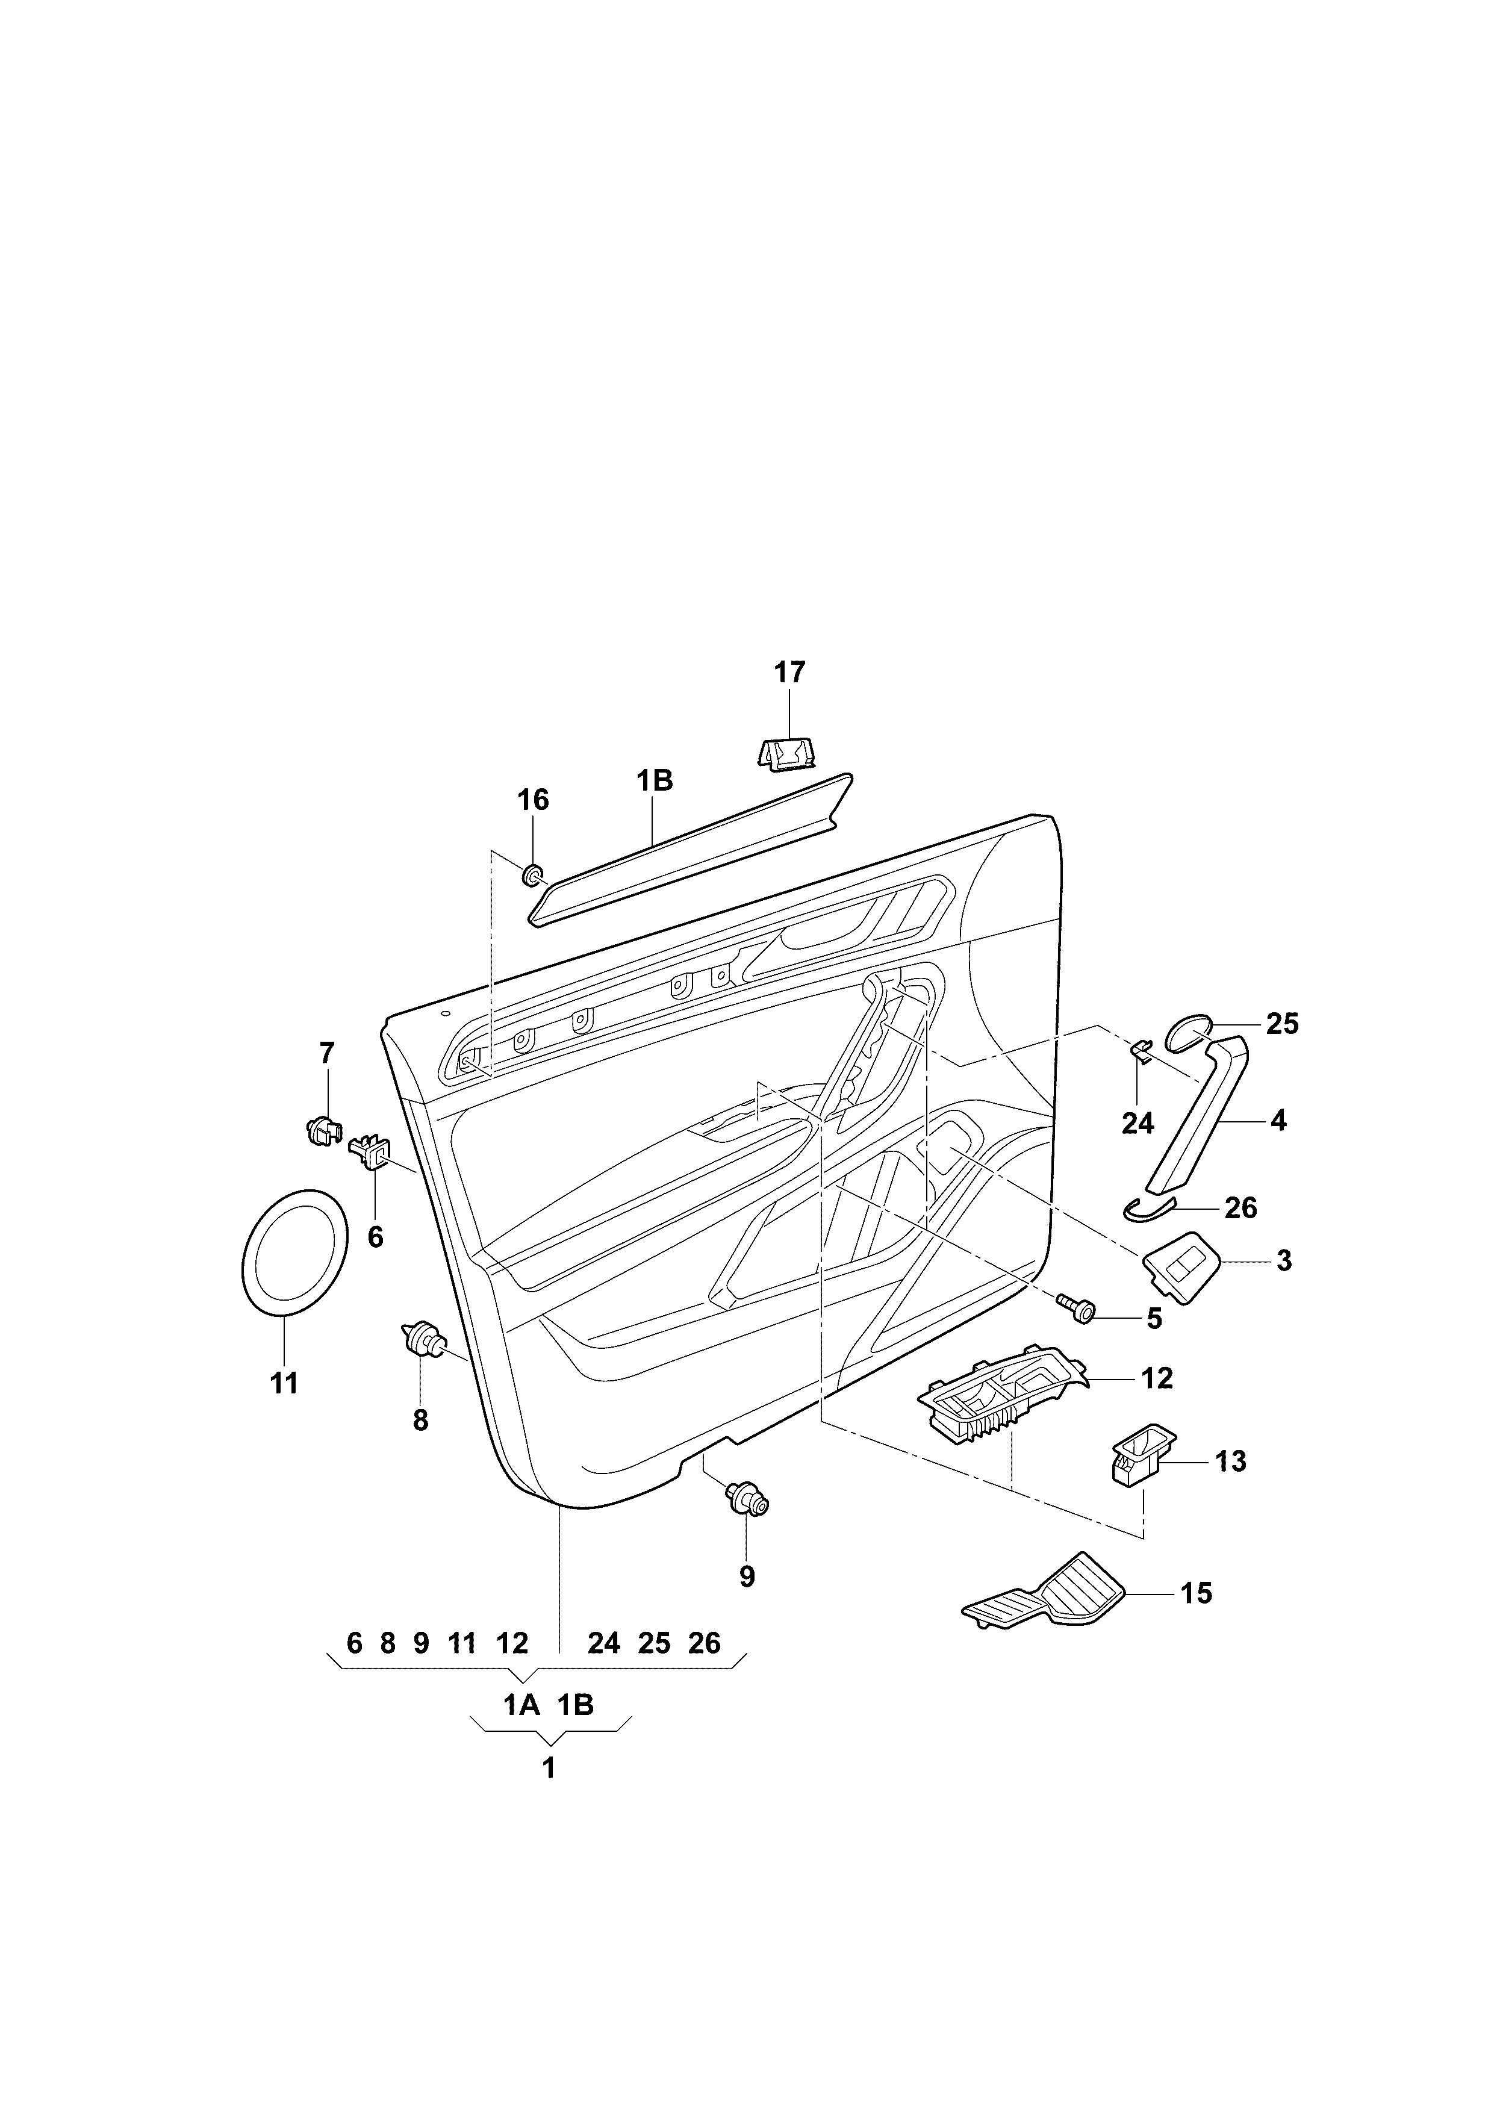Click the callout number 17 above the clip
pyautogui.click(x=789, y=673)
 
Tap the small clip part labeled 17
pyautogui.click(x=786, y=756)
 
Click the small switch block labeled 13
pyautogui.click(x=1139, y=1462)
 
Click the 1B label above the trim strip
pyautogui.click(x=655, y=782)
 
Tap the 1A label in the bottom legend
pyautogui.click(x=521, y=1705)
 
